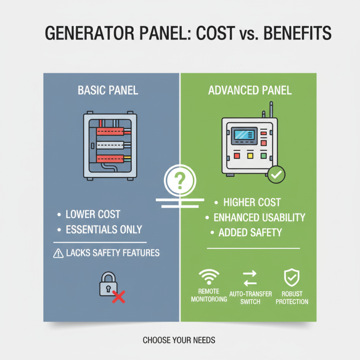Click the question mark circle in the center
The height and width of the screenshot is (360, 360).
tap(180, 180)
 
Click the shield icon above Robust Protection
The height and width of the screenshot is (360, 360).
tap(292, 277)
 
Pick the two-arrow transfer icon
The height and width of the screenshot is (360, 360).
tap(250, 278)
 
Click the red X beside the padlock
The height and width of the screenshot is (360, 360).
tap(118, 296)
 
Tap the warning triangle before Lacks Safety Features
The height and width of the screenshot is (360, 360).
tap(58, 253)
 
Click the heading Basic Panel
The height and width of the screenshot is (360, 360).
tap(108, 90)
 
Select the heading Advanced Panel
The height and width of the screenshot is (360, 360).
tap(250, 90)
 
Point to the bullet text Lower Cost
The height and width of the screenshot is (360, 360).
tap(93, 214)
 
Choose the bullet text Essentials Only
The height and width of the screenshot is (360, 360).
tap(103, 229)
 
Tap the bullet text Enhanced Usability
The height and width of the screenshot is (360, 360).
tap(259, 218)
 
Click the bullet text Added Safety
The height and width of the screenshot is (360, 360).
tap(250, 233)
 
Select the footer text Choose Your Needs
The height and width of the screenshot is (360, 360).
tap(179, 340)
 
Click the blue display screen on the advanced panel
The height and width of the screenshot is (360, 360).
tap(244, 135)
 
